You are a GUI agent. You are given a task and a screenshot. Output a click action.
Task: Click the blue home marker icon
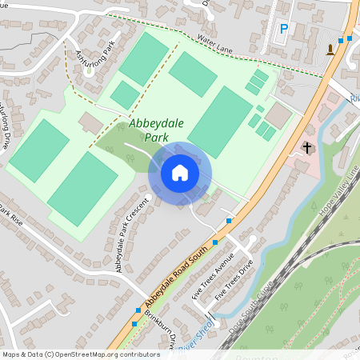(180, 173)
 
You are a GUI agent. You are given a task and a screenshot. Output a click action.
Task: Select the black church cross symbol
(306, 147)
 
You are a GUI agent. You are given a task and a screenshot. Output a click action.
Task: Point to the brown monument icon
(330, 51)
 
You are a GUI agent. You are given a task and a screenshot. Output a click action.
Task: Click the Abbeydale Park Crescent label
(132, 234)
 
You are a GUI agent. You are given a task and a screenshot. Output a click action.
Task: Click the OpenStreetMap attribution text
(80, 354)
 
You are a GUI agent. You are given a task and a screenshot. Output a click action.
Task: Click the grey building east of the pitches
(279, 114)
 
